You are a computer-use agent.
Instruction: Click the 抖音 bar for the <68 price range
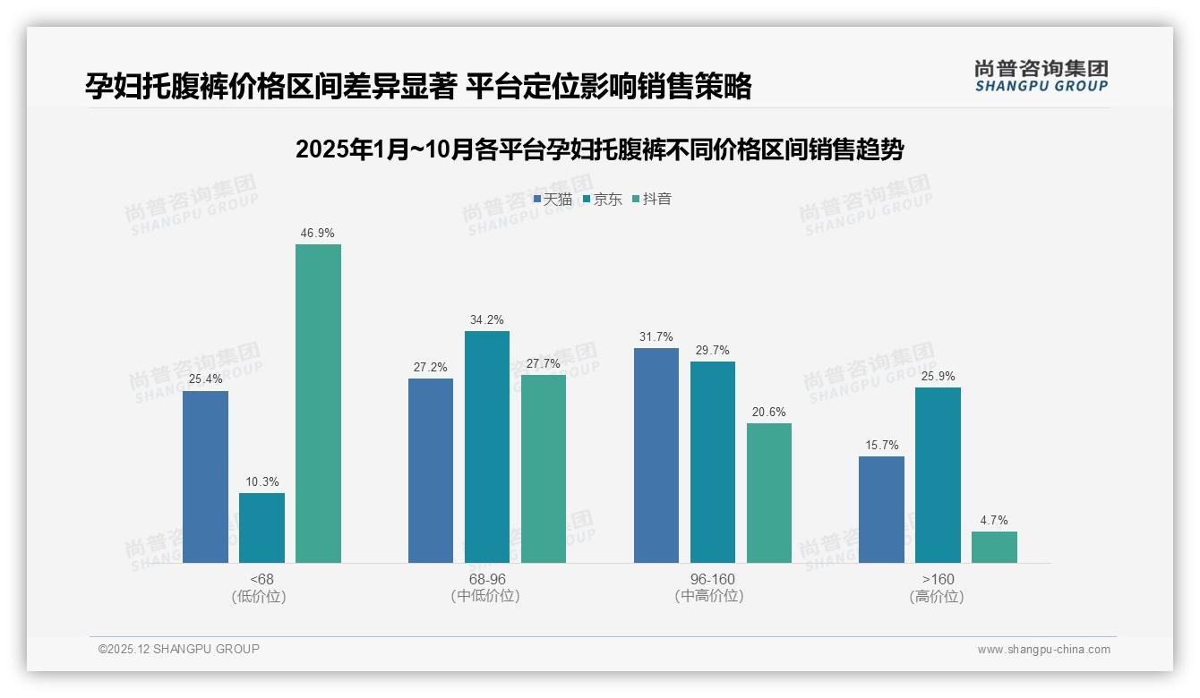point(318,404)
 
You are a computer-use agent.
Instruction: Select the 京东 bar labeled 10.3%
point(261,528)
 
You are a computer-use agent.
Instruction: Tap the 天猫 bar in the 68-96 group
point(431,471)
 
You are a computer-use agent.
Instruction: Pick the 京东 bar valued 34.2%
point(487,447)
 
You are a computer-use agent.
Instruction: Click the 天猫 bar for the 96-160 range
point(656,455)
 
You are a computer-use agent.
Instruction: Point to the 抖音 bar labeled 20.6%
point(769,493)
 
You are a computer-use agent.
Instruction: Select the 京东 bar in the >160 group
point(938,475)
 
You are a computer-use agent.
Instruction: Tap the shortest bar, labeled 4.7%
point(994,547)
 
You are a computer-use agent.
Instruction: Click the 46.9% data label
point(318,234)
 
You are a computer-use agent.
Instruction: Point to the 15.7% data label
point(881,446)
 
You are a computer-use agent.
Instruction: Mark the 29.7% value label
point(713,351)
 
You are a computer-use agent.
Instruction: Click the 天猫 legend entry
point(553,200)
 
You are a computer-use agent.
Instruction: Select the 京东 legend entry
point(602,200)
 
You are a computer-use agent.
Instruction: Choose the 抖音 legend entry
point(651,200)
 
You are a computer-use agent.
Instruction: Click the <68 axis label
point(261,579)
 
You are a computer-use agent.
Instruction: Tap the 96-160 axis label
point(713,579)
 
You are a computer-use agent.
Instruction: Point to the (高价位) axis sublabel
point(938,597)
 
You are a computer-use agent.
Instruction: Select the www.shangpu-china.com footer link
point(1043,650)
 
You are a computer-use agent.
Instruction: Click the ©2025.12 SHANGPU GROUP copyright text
point(179,649)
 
